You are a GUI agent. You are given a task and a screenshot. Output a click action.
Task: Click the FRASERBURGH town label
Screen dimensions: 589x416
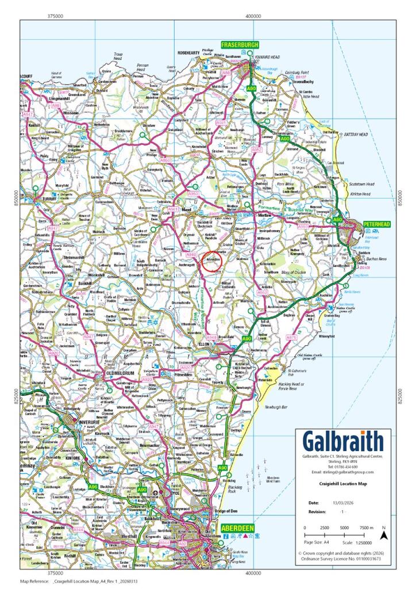coord(239,45)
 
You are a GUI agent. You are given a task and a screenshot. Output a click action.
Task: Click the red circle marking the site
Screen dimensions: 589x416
coord(211,260)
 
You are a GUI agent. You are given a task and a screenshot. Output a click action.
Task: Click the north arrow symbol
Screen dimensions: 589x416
coord(384,534)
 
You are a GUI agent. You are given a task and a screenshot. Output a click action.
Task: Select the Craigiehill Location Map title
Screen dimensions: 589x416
coord(342,484)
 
